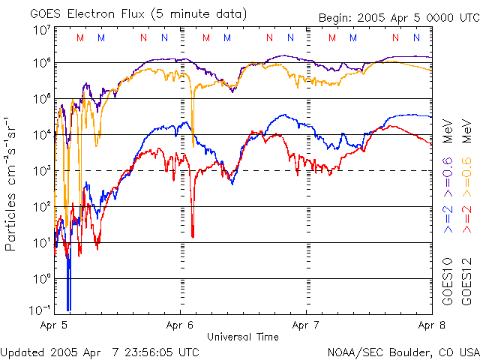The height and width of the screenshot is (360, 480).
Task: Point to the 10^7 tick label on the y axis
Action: (x=42, y=31)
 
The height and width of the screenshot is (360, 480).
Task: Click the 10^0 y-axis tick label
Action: (x=42, y=278)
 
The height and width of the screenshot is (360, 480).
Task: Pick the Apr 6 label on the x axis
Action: (x=180, y=326)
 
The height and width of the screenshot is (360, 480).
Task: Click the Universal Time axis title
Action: (x=243, y=336)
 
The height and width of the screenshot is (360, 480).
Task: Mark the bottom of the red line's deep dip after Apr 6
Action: (x=193, y=237)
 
